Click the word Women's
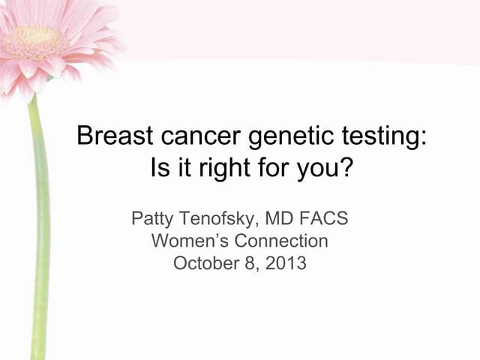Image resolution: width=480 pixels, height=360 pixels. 184,241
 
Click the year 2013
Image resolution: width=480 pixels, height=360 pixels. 287,262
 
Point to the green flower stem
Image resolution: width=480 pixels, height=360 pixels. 38,225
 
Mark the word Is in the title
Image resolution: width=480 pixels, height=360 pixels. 160,166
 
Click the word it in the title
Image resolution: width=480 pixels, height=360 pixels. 184,166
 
